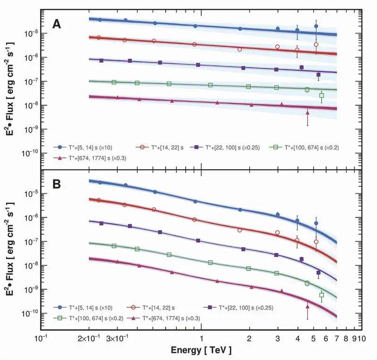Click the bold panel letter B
[56, 183]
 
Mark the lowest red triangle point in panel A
[307, 113]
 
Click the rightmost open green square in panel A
[321, 96]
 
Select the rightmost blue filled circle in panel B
[316, 223]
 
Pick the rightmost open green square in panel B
[321, 295]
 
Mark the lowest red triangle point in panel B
[307, 306]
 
